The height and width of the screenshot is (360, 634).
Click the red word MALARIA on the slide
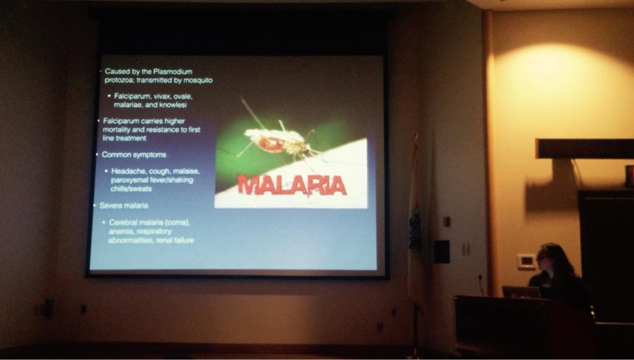[292, 185]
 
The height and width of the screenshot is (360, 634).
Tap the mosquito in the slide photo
[277, 142]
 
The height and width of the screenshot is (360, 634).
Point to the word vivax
[162, 96]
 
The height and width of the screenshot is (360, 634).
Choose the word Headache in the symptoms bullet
[129, 171]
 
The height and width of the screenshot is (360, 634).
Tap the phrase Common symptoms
[134, 154]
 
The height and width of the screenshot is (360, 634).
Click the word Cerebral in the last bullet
[124, 222]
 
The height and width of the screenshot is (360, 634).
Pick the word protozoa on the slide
[119, 80]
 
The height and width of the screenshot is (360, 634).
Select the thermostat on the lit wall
[526, 261]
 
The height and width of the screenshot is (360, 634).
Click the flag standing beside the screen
[415, 217]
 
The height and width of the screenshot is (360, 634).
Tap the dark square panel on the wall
[441, 251]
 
